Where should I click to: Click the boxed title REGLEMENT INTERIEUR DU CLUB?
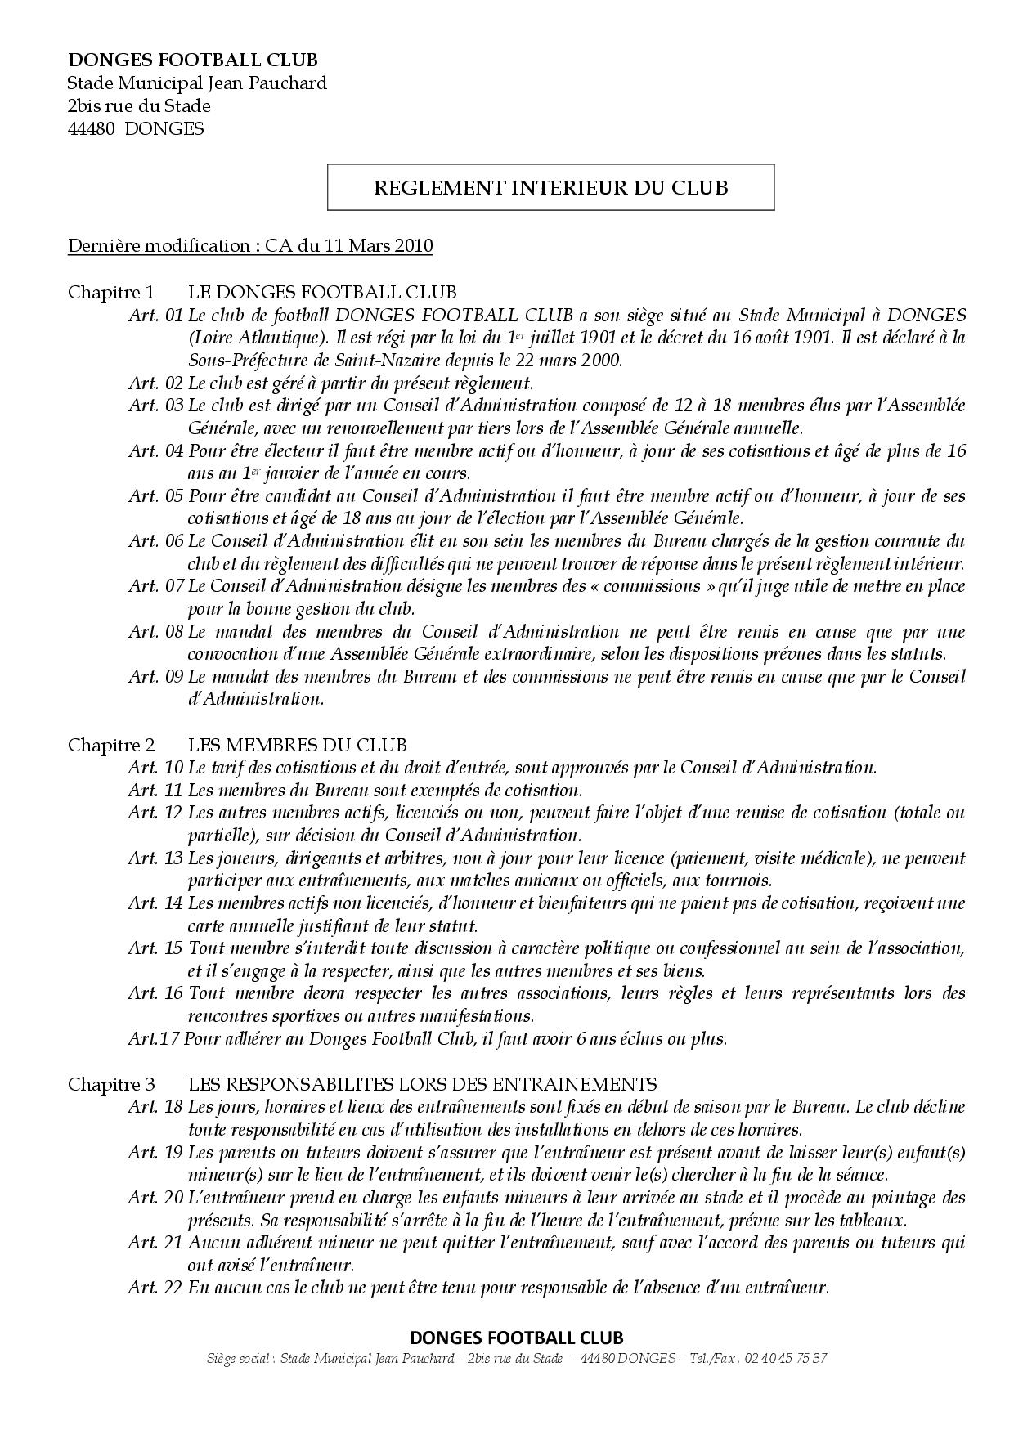pyautogui.click(x=550, y=187)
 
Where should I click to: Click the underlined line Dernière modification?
pyautogui.click(x=250, y=245)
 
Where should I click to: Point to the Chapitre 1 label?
pyautogui.click(x=110, y=292)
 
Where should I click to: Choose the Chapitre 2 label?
pyautogui.click(x=110, y=745)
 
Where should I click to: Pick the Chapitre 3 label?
pyautogui.click(x=110, y=1084)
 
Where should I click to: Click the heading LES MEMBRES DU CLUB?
pyautogui.click(x=297, y=745)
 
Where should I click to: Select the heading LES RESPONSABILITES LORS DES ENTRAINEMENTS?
pyautogui.click(x=422, y=1084)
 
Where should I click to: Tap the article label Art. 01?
pyautogui.click(x=155, y=315)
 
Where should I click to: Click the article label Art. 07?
pyautogui.click(x=155, y=586)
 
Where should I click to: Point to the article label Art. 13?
pyautogui.click(x=155, y=858)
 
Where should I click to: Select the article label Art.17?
pyautogui.click(x=153, y=1039)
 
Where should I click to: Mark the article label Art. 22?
pyautogui.click(x=155, y=1288)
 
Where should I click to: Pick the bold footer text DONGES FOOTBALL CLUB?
pyautogui.click(x=516, y=1338)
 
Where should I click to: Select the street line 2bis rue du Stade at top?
pyautogui.click(x=139, y=105)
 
